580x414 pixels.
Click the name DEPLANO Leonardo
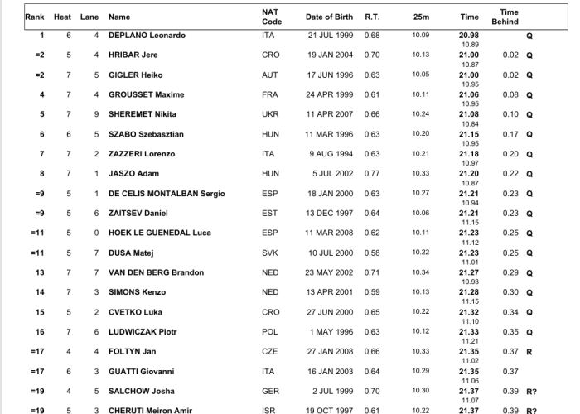pos(147,36)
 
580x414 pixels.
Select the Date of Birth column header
pos(330,17)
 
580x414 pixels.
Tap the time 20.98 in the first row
pos(469,36)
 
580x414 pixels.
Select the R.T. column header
pos(372,17)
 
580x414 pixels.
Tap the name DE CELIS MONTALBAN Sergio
pos(167,194)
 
